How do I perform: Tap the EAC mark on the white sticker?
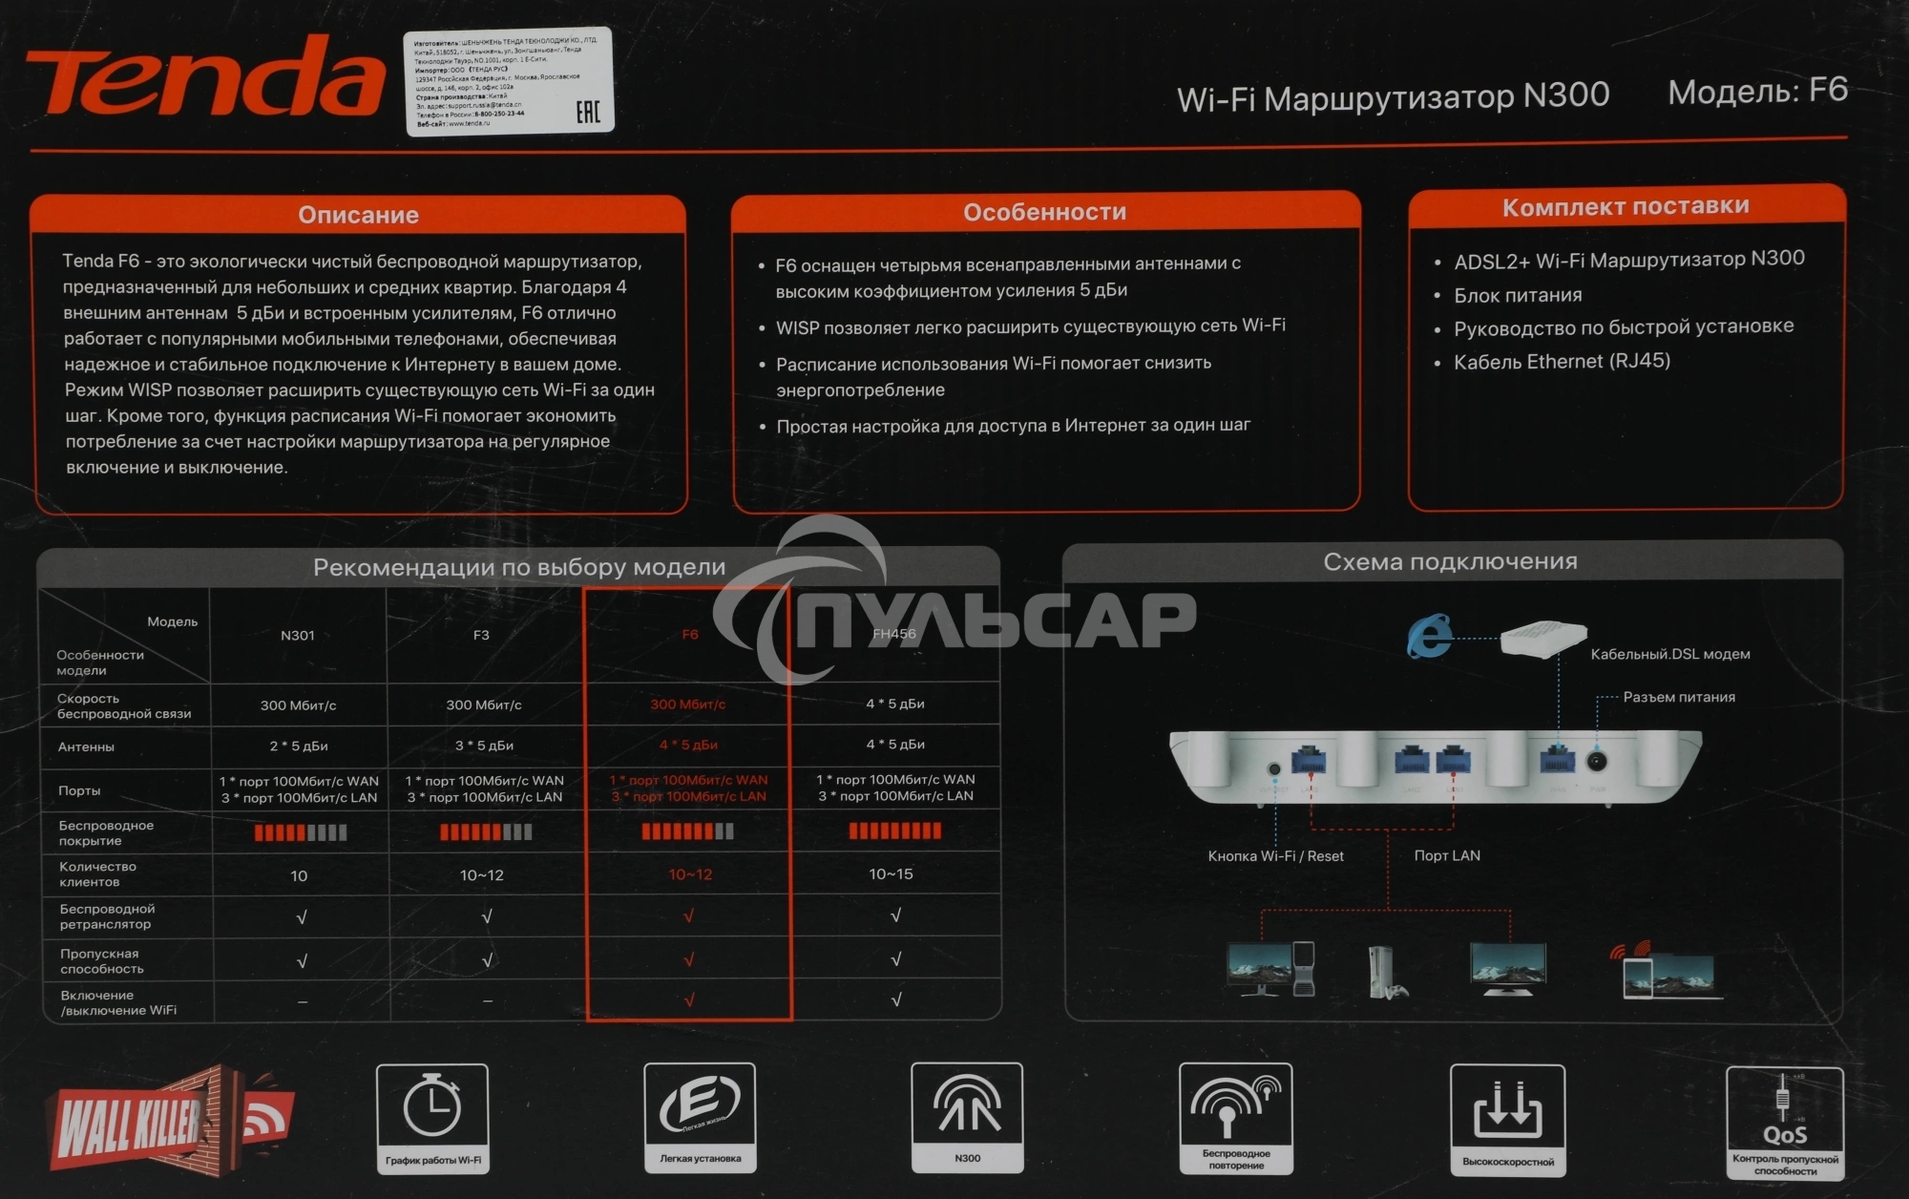pos(588,113)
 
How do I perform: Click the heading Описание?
pos(358,215)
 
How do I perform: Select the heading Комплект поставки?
pos(1626,207)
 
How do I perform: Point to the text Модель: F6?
pos(1757,91)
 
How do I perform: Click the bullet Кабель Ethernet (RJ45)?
pos(1562,362)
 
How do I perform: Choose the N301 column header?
pos(297,635)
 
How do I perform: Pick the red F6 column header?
pos(689,635)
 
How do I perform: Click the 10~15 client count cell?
pos(891,873)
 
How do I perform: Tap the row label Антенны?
pos(86,747)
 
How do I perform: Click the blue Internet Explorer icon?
pos(1429,637)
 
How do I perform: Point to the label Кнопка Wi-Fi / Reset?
pos(1275,856)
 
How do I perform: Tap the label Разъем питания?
pos(1679,697)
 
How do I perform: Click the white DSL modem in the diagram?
pos(1542,637)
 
